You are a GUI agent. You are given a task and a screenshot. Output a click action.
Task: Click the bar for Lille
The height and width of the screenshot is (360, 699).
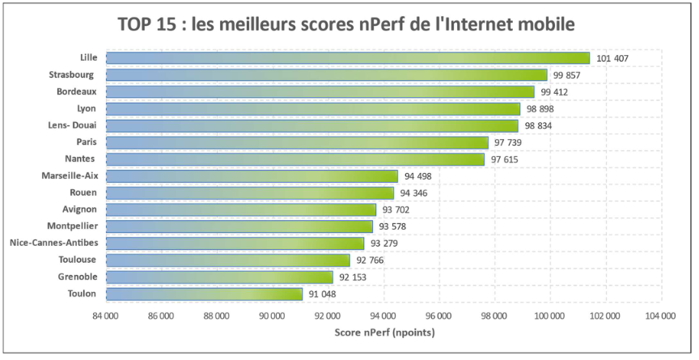coord(348,58)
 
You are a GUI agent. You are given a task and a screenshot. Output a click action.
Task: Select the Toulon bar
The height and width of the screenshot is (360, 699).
coord(204,294)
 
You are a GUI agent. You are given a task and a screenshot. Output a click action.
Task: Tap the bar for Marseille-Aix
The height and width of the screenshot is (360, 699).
coord(252,176)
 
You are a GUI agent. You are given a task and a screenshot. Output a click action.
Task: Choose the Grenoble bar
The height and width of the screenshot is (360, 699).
coord(219,277)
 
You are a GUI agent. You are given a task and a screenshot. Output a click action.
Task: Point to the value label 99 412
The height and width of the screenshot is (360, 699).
coord(554,92)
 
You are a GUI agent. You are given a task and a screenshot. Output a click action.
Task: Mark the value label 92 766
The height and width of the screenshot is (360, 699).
coord(370,260)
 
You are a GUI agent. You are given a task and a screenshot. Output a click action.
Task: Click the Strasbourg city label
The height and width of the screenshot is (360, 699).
coord(73,74)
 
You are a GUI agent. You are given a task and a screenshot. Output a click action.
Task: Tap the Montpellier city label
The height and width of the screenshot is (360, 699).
coord(72,227)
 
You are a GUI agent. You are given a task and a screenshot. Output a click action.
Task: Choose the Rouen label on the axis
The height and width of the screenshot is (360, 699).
coord(83,193)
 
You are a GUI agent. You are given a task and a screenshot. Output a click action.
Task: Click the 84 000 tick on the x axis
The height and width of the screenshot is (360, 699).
coord(105,316)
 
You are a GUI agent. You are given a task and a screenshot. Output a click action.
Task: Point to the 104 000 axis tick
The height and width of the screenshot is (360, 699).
coord(660,316)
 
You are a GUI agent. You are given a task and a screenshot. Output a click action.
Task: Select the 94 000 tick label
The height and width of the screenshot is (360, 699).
coord(383,316)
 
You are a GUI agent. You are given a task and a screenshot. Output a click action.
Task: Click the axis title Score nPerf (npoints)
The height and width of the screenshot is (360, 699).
coord(383,332)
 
